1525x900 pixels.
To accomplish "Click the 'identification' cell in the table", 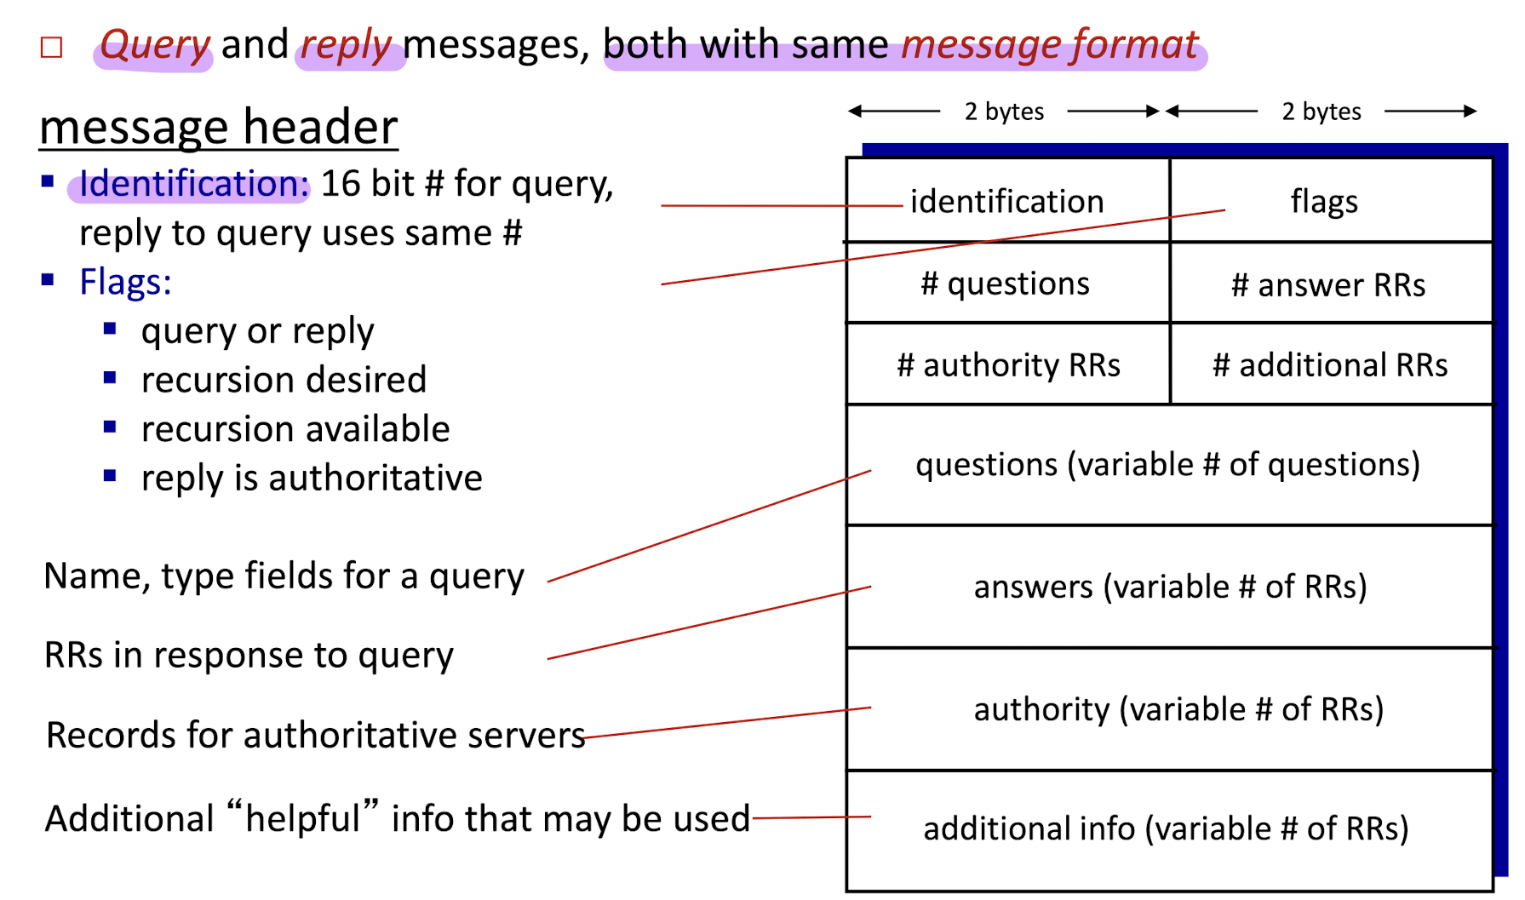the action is (x=1008, y=201).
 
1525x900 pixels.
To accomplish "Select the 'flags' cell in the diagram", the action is (x=1332, y=201).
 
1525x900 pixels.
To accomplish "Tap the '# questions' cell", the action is (x=1008, y=283).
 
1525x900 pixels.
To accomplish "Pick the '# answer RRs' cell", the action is (x=1332, y=283).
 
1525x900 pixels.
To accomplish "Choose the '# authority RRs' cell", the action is (x=1008, y=364).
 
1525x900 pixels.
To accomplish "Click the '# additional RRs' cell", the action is (x=1332, y=364).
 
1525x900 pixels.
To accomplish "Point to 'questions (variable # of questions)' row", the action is (x=1169, y=465).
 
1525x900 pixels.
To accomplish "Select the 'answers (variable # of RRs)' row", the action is (x=1169, y=587).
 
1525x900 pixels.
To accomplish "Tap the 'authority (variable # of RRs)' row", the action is (x=1169, y=709).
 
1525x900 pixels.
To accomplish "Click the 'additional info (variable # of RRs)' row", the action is (x=1169, y=830).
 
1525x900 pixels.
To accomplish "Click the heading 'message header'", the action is (x=219, y=127).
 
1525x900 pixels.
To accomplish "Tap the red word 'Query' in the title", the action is (x=154, y=44).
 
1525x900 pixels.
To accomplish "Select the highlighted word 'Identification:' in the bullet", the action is (x=193, y=184).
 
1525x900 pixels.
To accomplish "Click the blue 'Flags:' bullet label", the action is (x=125, y=282).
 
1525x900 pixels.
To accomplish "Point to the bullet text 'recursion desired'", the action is (x=284, y=380).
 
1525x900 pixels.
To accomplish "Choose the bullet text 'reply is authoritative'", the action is (x=312, y=478).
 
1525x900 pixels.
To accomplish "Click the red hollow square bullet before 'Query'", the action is (x=52, y=47).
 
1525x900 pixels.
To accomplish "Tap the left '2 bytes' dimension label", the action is (x=1004, y=112).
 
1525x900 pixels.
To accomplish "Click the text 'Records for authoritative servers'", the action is (x=315, y=735).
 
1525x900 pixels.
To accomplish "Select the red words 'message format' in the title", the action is (x=1050, y=44).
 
